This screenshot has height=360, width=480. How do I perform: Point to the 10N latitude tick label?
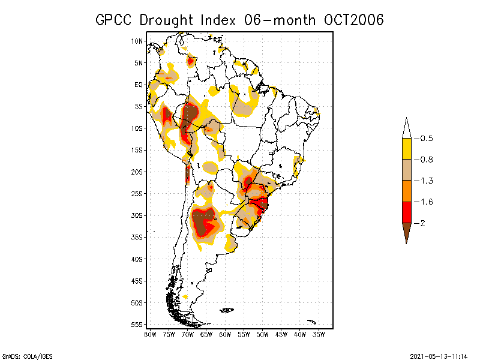point(137,41)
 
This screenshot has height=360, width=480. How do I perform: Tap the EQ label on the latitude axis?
point(139,85)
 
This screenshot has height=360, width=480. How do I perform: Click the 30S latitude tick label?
point(137,215)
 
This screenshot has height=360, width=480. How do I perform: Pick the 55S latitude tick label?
point(137,325)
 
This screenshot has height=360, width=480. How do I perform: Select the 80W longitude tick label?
point(150,334)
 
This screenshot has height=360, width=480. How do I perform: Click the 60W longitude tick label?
point(225,334)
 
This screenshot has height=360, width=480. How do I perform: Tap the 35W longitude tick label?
point(319,334)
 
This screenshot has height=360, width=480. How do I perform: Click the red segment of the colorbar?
point(406,212)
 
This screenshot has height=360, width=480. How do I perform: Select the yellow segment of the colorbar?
point(406,149)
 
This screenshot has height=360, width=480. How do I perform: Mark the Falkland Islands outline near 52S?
point(227,310)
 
